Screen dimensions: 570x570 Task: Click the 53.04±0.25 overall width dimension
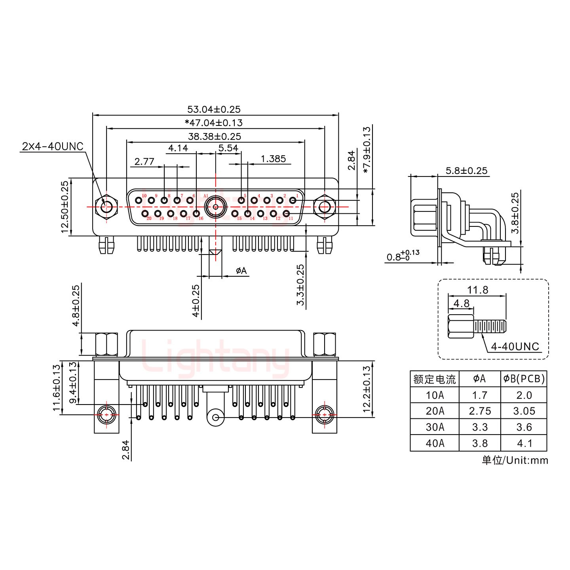(x=214, y=109)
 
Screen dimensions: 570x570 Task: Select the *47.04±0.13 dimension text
(x=214, y=123)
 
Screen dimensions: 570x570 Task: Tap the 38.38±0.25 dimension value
(x=214, y=136)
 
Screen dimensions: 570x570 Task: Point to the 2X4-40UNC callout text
(x=53, y=146)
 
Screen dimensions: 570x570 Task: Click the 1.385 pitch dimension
(x=273, y=159)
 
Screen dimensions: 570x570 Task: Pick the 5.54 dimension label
(x=228, y=148)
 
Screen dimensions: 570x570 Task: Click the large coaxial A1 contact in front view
(x=215, y=207)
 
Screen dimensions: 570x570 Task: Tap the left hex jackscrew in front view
(x=106, y=207)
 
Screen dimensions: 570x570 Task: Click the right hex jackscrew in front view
(x=325, y=207)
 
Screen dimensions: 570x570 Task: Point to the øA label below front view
(x=241, y=271)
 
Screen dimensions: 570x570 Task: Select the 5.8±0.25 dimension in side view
(x=466, y=171)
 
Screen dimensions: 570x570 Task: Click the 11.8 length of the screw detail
(x=477, y=290)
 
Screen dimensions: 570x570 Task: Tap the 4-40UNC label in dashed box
(x=515, y=346)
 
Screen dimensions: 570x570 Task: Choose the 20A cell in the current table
(x=435, y=411)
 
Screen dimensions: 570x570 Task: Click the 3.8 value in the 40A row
(x=479, y=443)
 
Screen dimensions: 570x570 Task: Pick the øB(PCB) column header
(x=524, y=379)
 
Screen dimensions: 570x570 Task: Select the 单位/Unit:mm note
(x=515, y=460)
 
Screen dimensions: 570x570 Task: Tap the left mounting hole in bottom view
(x=106, y=416)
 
